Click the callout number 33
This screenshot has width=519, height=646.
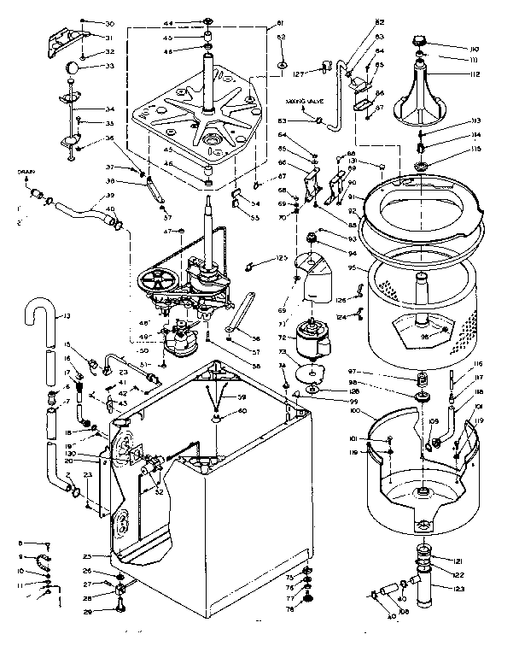click(x=111, y=66)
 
